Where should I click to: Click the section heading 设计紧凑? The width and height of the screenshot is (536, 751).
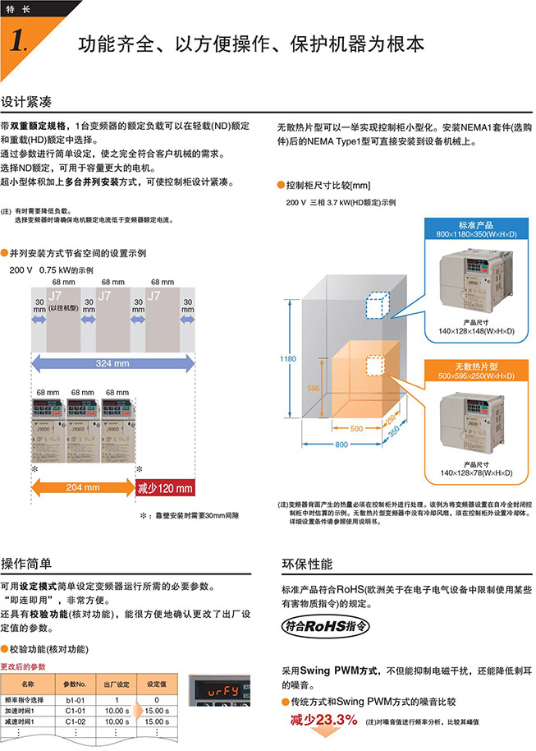[26, 103]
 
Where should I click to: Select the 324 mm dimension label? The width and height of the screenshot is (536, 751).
[112, 362]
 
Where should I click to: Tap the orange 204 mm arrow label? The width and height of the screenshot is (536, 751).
[83, 486]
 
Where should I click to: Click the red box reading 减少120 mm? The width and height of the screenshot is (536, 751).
[165, 487]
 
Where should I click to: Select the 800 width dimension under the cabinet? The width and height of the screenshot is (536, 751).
[350, 445]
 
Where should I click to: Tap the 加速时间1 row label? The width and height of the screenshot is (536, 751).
[27, 710]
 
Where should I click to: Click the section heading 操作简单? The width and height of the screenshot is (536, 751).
[26, 563]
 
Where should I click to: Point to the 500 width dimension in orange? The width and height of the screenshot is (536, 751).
[355, 428]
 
